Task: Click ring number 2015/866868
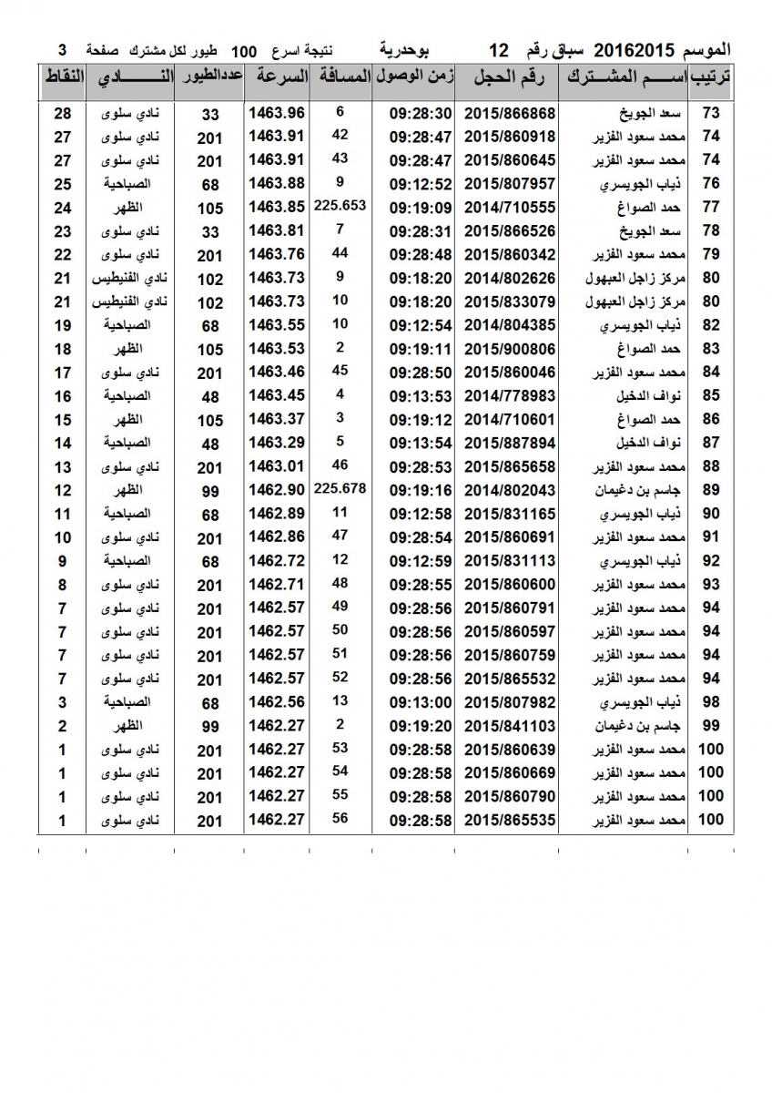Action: point(510,114)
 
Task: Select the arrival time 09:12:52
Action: point(421,184)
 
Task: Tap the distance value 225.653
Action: point(339,206)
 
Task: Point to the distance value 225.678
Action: point(339,488)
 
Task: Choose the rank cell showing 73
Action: point(712,114)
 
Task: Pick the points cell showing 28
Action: point(62,114)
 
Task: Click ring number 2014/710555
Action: point(510,208)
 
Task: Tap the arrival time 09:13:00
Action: point(421,703)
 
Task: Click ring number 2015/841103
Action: point(510,727)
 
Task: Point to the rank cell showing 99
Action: point(712,727)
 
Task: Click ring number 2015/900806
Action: point(510,349)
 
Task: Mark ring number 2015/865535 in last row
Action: point(510,821)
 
